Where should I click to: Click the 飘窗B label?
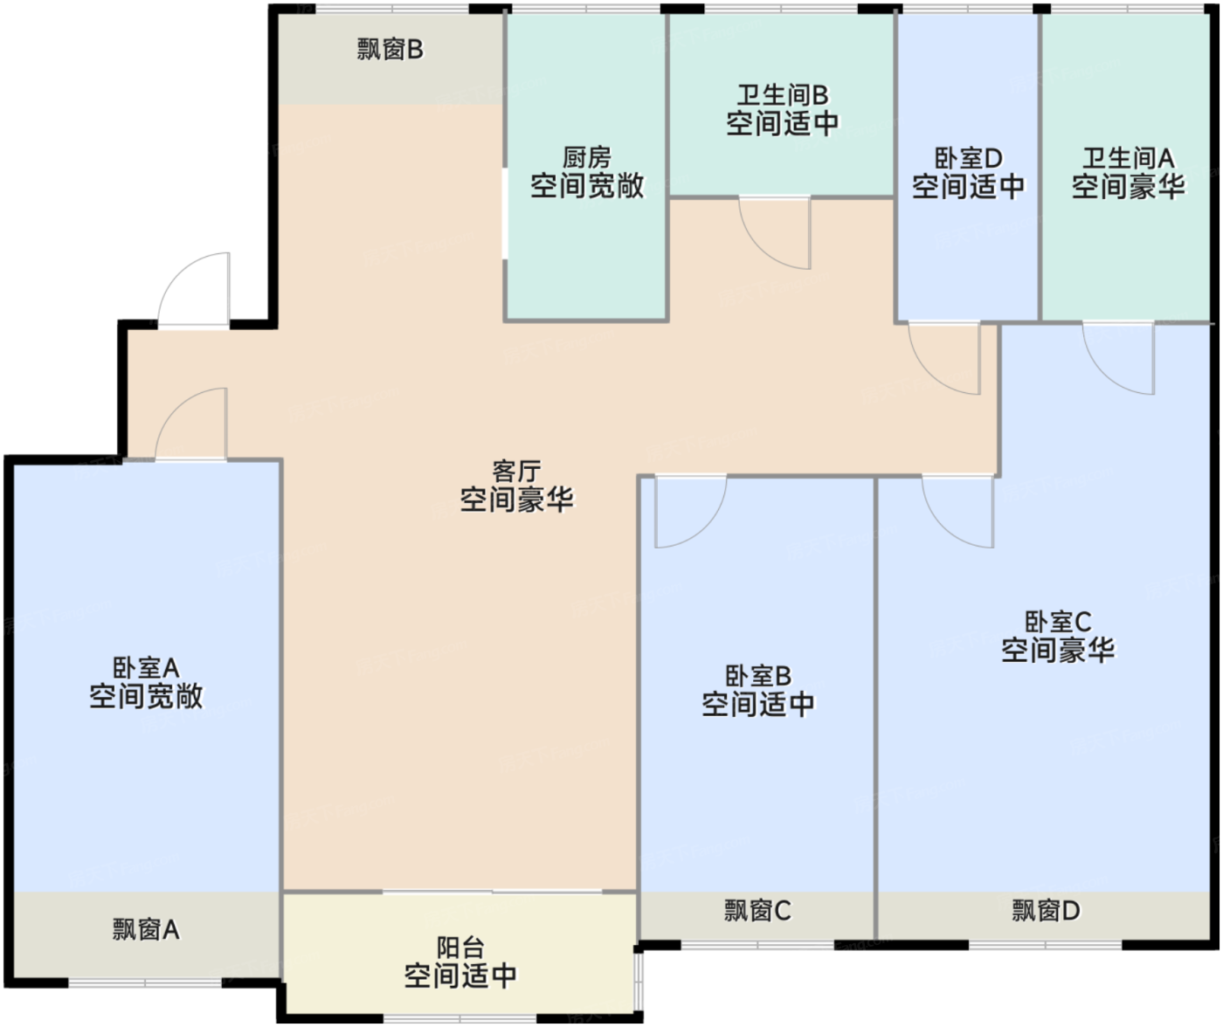pos(390,50)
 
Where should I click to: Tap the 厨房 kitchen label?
pos(587,158)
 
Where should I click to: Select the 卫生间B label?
pos(783,95)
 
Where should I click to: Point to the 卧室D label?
pos(968,159)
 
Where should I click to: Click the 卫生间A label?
pos(1128,159)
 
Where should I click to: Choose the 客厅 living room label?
pos(516,472)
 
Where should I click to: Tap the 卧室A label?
pos(146,669)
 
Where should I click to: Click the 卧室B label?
pos(758,677)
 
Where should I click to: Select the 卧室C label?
pos(1058,623)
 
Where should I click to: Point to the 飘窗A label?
pos(146,929)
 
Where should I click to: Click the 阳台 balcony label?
pos(460,948)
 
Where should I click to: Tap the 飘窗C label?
pos(757,911)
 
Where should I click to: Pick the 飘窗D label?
pos(1046,911)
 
